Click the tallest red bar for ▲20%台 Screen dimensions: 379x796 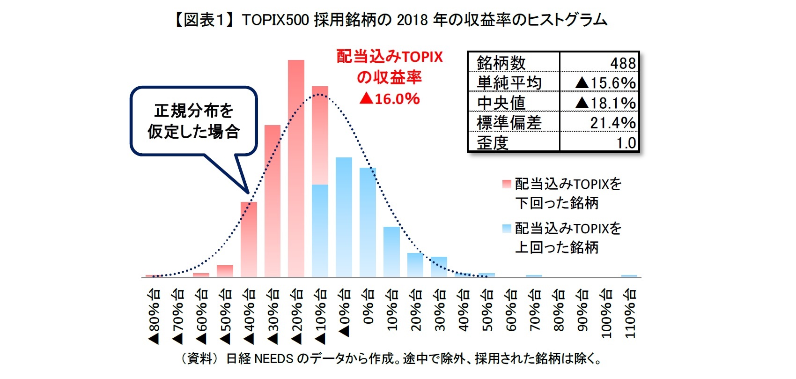pos(296,169)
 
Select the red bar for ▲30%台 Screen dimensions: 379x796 pos(273,201)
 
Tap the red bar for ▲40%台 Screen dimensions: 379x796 pos(249,239)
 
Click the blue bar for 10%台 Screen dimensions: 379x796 pos(391,252)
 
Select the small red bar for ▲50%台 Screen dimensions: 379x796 pos(225,271)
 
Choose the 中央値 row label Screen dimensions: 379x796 pos(501,103)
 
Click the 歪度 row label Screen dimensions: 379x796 pos(493,142)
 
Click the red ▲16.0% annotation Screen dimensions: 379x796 pos(390,99)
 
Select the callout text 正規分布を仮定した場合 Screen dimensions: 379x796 pos(193,121)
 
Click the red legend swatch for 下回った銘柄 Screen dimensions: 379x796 pos(506,184)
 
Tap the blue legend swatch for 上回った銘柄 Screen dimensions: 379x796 pos(506,228)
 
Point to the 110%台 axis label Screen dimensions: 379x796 pos(630,313)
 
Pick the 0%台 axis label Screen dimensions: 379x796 pos(368,307)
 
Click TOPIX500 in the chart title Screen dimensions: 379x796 pos(275,20)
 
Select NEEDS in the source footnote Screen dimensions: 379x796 pos(274,359)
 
